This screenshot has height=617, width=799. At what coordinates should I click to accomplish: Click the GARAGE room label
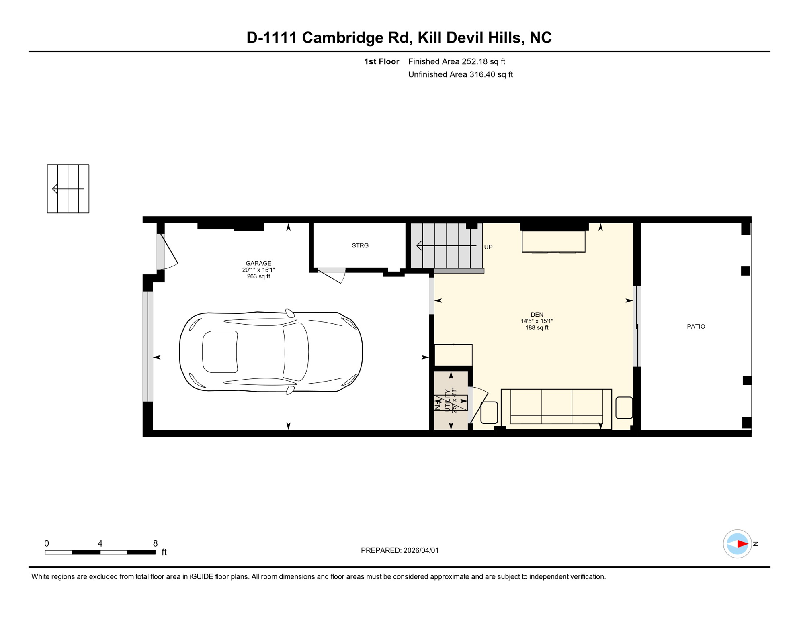point(258,263)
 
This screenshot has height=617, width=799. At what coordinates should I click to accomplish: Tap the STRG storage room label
point(360,245)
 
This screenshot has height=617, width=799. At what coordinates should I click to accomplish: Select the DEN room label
point(537,315)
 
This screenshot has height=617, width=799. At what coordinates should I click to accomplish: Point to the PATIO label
point(696,327)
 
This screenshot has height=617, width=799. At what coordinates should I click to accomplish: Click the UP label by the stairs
point(488,247)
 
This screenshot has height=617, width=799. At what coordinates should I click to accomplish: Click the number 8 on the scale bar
point(155,543)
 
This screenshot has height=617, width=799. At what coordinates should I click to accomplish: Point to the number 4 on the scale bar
point(100,543)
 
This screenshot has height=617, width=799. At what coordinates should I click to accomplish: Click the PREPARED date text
point(400,550)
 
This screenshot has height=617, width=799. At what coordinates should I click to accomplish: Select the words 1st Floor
point(381,61)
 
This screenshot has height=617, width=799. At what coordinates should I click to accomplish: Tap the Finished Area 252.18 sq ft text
point(457,61)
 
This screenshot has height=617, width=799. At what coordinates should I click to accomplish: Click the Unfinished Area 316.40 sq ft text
point(460,74)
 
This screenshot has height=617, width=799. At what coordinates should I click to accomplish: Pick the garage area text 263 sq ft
point(258,276)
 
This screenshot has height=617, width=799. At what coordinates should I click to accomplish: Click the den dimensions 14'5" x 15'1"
point(537,321)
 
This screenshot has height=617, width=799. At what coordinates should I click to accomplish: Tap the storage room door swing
point(332,276)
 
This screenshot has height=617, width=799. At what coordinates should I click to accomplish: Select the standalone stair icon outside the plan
point(68,189)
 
